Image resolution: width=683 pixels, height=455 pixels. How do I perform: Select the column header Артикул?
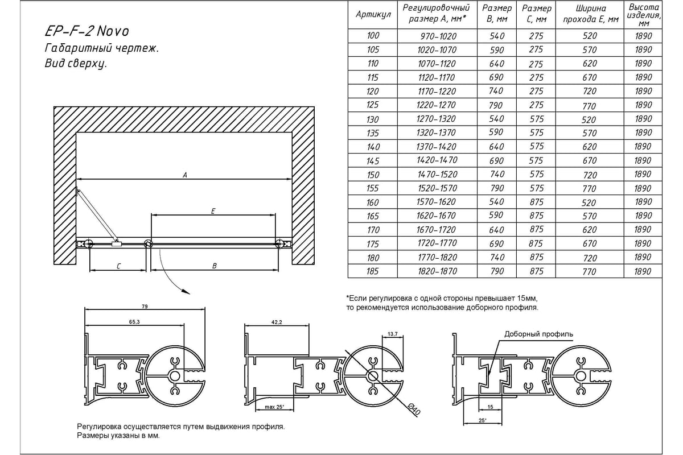coord(373,15)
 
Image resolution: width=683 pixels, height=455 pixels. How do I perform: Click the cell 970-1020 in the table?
coord(438,36)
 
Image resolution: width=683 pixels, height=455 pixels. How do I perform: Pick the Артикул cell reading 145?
coord(373,160)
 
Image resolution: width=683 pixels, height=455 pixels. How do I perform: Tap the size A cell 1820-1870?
coord(438,271)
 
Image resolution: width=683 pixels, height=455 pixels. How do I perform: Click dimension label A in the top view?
coord(185,175)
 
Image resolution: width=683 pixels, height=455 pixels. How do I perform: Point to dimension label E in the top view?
coord(212,212)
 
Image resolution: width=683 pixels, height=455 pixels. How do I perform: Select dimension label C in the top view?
coord(117,265)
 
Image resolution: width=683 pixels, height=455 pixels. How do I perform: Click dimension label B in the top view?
coord(214,265)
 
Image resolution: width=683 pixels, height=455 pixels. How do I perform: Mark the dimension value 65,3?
coord(134,322)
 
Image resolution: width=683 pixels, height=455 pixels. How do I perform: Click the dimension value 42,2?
coord(276,322)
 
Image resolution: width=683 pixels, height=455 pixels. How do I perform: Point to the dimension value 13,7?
coord(392,333)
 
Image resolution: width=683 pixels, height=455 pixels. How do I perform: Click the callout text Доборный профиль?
coord(538,334)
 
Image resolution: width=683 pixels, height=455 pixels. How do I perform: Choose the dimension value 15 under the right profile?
coord(482,407)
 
